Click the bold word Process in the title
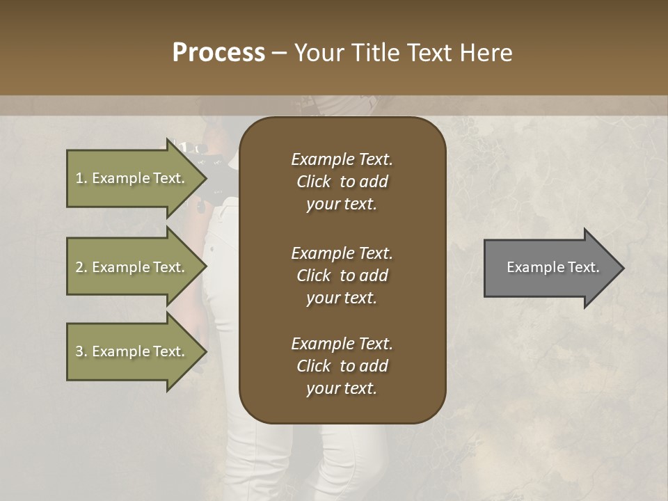tap(218, 53)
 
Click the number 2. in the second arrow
tap(81, 267)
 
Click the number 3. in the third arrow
tap(81, 351)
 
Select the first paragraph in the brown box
tap(342, 182)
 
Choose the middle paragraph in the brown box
tap(342, 275)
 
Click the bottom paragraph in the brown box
tap(342, 366)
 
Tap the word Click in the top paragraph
tap(314, 182)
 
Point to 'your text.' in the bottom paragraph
tap(342, 388)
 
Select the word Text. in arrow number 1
tap(169, 178)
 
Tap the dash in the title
tap(279, 54)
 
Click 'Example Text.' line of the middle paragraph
tap(342, 253)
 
